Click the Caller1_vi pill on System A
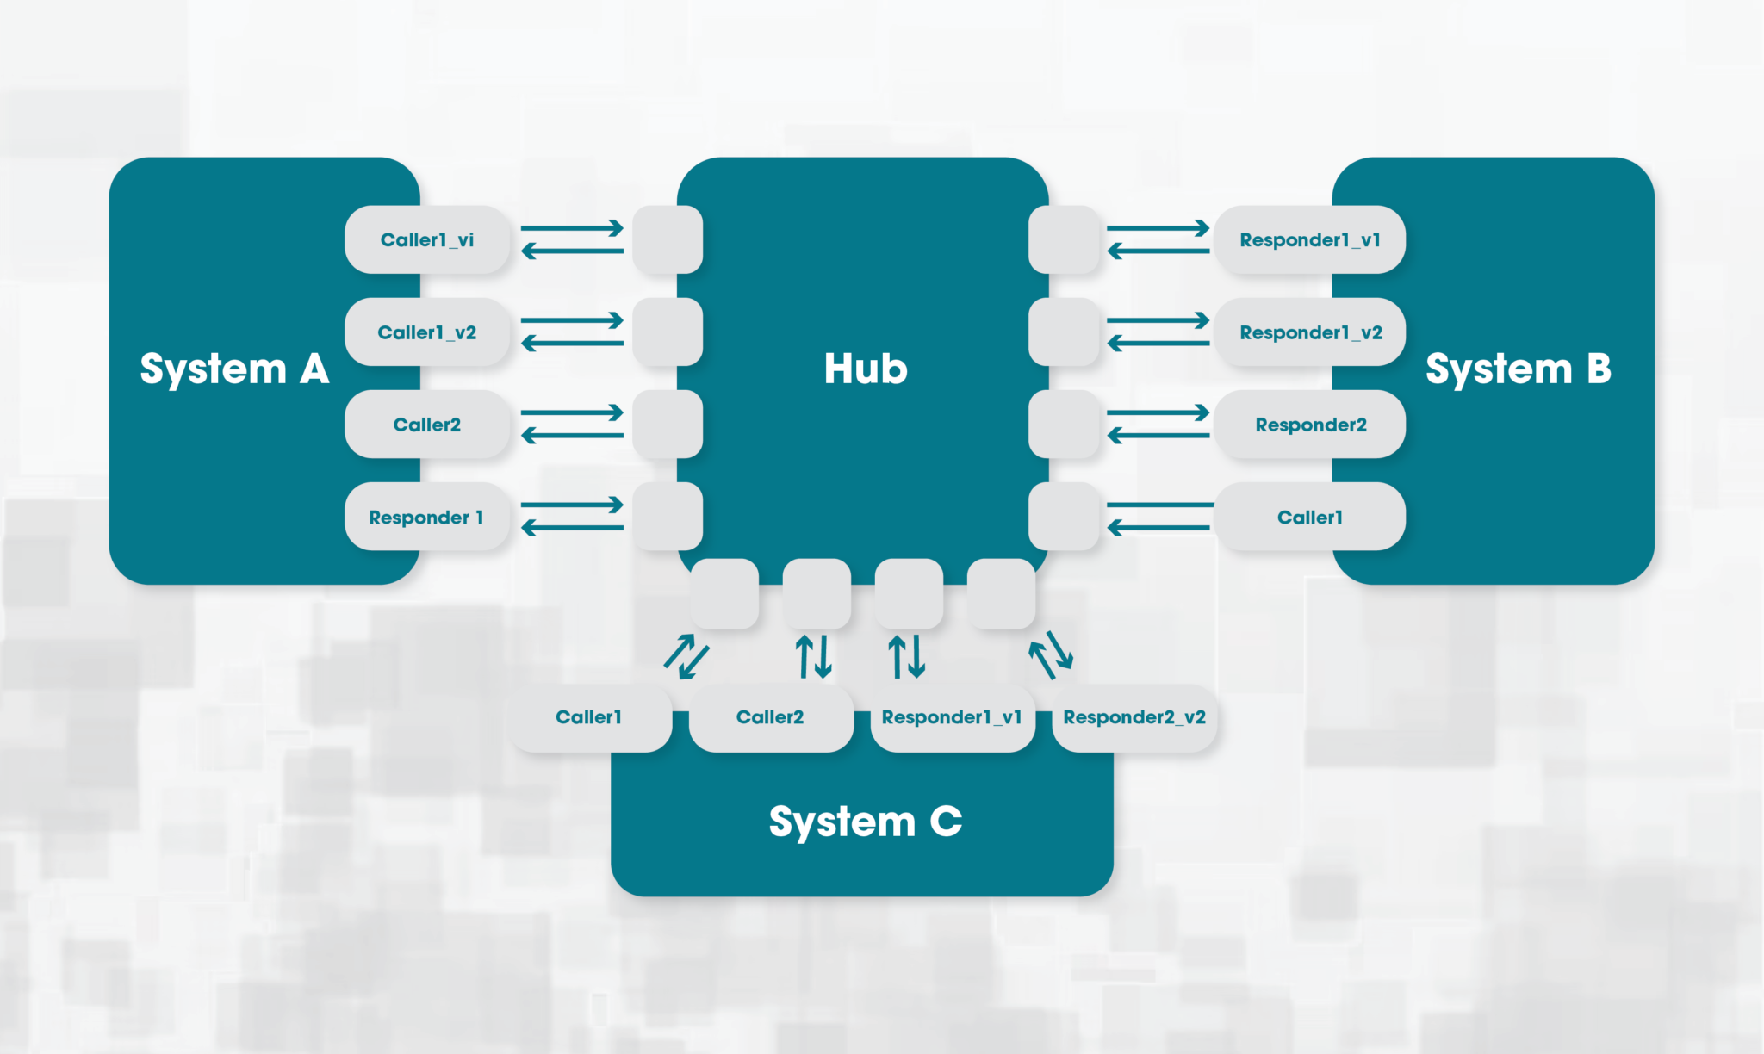click(x=427, y=239)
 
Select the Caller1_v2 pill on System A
click(x=427, y=332)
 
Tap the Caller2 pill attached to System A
click(x=427, y=425)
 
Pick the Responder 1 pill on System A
click(x=427, y=517)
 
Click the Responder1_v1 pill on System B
click(x=1310, y=239)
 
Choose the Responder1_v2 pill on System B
click(x=1310, y=332)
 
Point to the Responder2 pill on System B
click(x=1310, y=425)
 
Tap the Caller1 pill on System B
click(x=1310, y=517)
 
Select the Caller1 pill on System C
click(x=589, y=717)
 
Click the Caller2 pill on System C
click(x=771, y=717)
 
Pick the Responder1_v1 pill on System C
click(x=952, y=717)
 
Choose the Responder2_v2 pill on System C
click(x=1134, y=717)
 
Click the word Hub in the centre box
click(x=866, y=369)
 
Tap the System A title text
click(x=234, y=369)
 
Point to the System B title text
click(x=1519, y=369)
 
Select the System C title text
click(x=865, y=821)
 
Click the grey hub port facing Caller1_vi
click(x=667, y=239)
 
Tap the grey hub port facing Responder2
click(x=1064, y=425)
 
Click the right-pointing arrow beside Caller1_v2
click(x=572, y=320)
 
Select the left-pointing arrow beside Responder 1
click(x=572, y=528)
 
